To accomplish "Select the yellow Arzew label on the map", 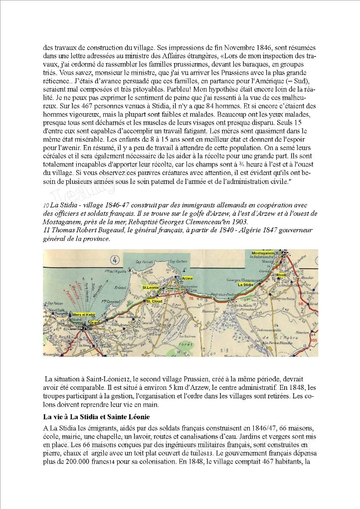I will pyautogui.click(x=187, y=278).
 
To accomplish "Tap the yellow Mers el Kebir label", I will pyautogui.click(x=83, y=316).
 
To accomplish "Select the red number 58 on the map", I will pyautogui.click(x=314, y=303).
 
